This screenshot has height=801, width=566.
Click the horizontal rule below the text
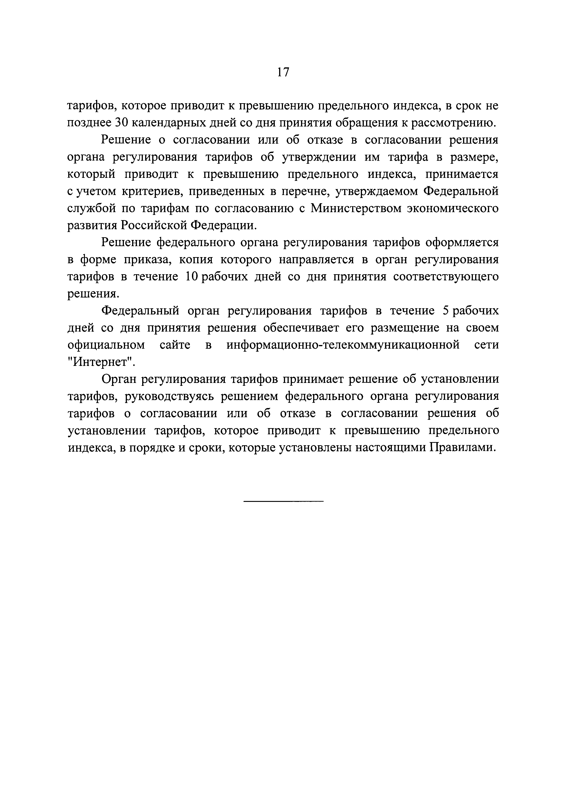283,501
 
